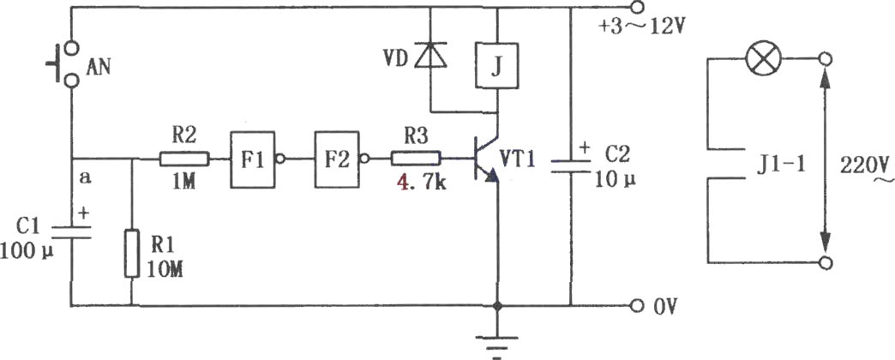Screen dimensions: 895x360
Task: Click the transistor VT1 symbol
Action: tap(487, 158)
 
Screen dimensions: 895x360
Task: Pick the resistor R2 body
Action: tap(184, 159)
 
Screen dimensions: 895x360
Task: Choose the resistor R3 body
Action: tap(416, 159)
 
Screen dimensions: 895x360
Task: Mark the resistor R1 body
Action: tap(132, 254)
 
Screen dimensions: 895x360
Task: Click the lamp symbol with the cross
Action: tap(764, 59)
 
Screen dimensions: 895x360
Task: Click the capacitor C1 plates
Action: tap(71, 231)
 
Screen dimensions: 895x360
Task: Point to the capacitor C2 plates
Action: tap(570, 166)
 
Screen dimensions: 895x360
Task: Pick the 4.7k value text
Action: tap(415, 183)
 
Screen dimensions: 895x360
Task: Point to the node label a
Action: tap(86, 177)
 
